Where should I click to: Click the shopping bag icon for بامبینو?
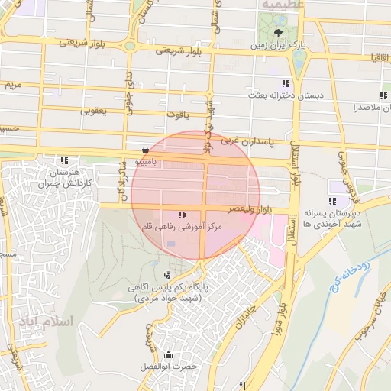146,150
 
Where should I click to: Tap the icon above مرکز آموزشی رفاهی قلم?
182,215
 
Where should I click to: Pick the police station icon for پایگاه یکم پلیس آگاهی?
168,273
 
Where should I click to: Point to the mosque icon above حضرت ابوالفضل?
169,355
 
